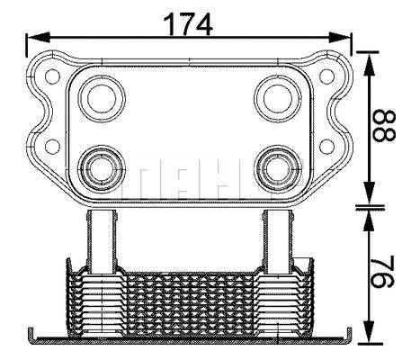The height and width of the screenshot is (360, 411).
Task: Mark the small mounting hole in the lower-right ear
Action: (x=326, y=146)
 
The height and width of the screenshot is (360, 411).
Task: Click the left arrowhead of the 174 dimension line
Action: (x=32, y=39)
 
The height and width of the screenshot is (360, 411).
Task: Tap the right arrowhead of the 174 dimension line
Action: (x=344, y=39)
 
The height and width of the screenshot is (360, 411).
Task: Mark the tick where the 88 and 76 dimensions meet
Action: (x=369, y=208)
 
